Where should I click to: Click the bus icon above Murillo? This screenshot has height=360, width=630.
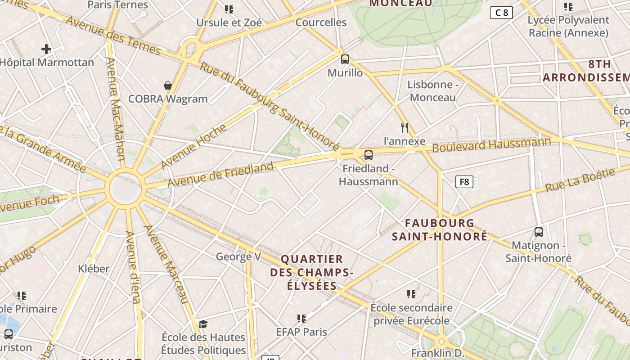tap(345, 59)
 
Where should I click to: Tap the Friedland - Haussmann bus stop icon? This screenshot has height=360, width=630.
tap(369, 155)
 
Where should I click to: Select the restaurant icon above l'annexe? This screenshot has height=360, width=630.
tap(405, 128)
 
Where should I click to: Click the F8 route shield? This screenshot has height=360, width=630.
tap(464, 182)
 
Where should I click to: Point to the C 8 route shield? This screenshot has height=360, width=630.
tap(501, 13)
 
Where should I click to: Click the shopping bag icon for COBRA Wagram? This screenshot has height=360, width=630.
tap(168, 85)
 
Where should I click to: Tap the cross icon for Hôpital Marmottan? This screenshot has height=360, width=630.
tap(46, 49)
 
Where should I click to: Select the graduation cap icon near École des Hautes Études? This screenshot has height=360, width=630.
tap(203, 324)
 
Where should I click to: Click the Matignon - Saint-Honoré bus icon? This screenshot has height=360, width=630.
tap(539, 232)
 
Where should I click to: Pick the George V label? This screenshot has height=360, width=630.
tap(238, 256)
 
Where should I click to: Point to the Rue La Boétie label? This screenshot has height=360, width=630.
tap(580, 180)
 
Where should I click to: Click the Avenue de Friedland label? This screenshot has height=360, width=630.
tap(220, 174)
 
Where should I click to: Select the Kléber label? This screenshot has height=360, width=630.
tap(94, 269)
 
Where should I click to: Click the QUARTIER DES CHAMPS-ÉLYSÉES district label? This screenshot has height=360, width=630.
tap(311, 272)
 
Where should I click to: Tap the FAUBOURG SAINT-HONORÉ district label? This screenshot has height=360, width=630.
tap(440, 229)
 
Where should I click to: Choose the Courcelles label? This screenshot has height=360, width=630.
tap(321, 22)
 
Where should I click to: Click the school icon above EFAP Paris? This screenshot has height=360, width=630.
tap(301, 319)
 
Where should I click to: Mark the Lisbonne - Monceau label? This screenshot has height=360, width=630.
tap(433, 90)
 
